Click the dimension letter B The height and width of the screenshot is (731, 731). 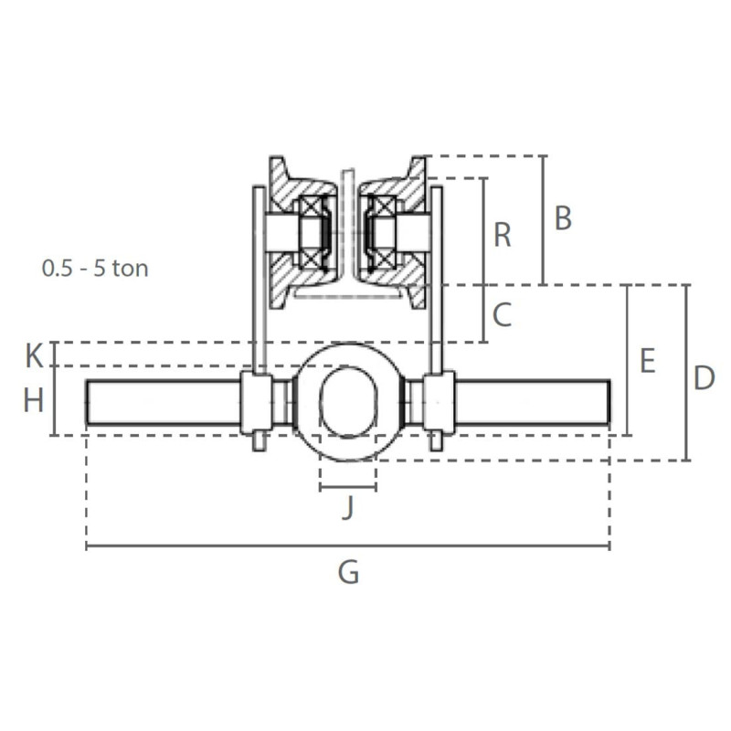[563, 219]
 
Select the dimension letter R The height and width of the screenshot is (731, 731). [502, 235]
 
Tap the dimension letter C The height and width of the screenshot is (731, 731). [502, 315]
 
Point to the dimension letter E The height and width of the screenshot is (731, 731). [647, 361]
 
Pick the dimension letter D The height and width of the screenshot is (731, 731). [703, 377]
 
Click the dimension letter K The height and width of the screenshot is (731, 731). [34, 355]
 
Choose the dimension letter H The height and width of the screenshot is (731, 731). [34, 400]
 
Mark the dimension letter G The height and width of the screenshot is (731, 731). [348, 573]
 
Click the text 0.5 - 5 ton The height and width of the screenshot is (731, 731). [95, 269]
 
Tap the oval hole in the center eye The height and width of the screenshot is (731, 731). [347, 400]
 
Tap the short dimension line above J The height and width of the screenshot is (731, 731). [347, 488]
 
